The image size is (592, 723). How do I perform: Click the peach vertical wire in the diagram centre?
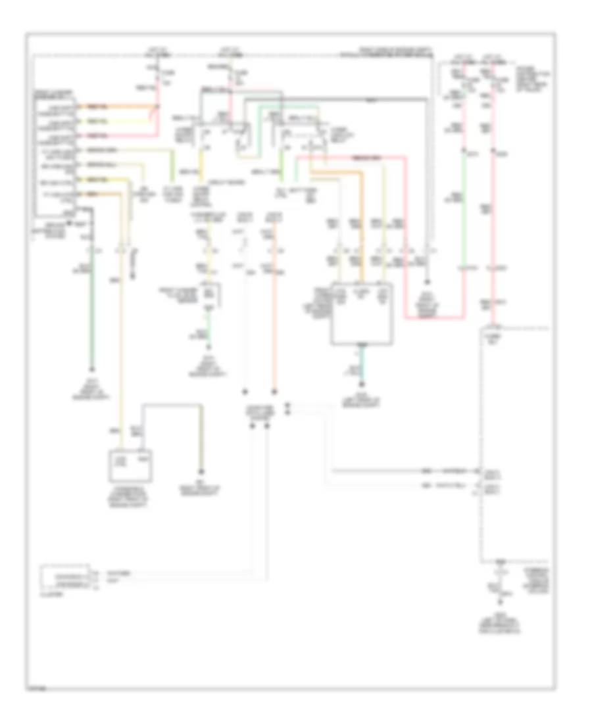[275, 329]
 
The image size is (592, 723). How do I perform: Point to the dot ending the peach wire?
[275, 389]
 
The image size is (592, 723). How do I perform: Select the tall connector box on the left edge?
[55, 154]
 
